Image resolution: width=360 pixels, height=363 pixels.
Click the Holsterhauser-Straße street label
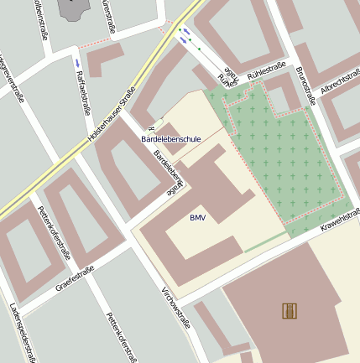point(112,114)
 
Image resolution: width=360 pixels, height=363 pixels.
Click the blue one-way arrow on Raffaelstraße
point(78,63)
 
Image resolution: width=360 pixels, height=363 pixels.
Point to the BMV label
point(197,218)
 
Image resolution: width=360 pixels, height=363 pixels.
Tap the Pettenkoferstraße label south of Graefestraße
point(121,337)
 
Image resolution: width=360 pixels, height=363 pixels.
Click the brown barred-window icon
point(290,311)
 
